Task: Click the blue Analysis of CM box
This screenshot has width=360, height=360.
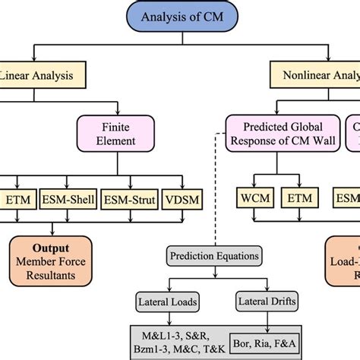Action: pyautogui.click(x=180, y=16)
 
